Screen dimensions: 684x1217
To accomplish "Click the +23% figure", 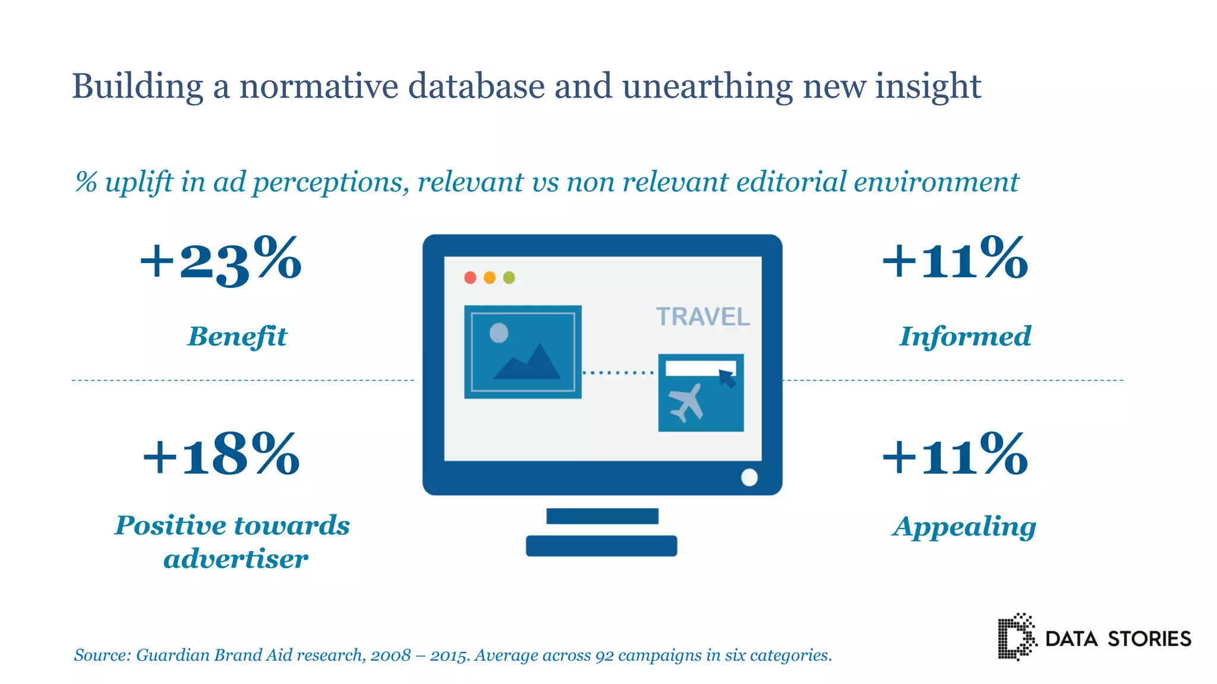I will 220,261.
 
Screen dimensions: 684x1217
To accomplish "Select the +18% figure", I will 220,455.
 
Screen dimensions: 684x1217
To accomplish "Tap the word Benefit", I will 238,336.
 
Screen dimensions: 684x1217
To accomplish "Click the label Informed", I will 965,336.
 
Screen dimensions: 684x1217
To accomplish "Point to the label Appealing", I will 964,527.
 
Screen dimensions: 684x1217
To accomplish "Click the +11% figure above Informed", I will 955,259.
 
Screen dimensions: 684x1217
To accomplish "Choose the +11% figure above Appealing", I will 955,455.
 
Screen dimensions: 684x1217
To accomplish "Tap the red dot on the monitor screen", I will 470,277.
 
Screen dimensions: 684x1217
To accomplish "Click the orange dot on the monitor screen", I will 490,277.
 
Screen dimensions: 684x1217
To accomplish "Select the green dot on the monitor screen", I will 509,277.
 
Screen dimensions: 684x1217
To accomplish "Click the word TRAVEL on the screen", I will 702,317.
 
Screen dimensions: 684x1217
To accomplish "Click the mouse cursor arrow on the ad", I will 727,378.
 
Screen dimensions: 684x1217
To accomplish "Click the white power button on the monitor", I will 749,477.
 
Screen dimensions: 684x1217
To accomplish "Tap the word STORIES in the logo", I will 1149,639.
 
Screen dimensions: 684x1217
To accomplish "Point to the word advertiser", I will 236,559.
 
